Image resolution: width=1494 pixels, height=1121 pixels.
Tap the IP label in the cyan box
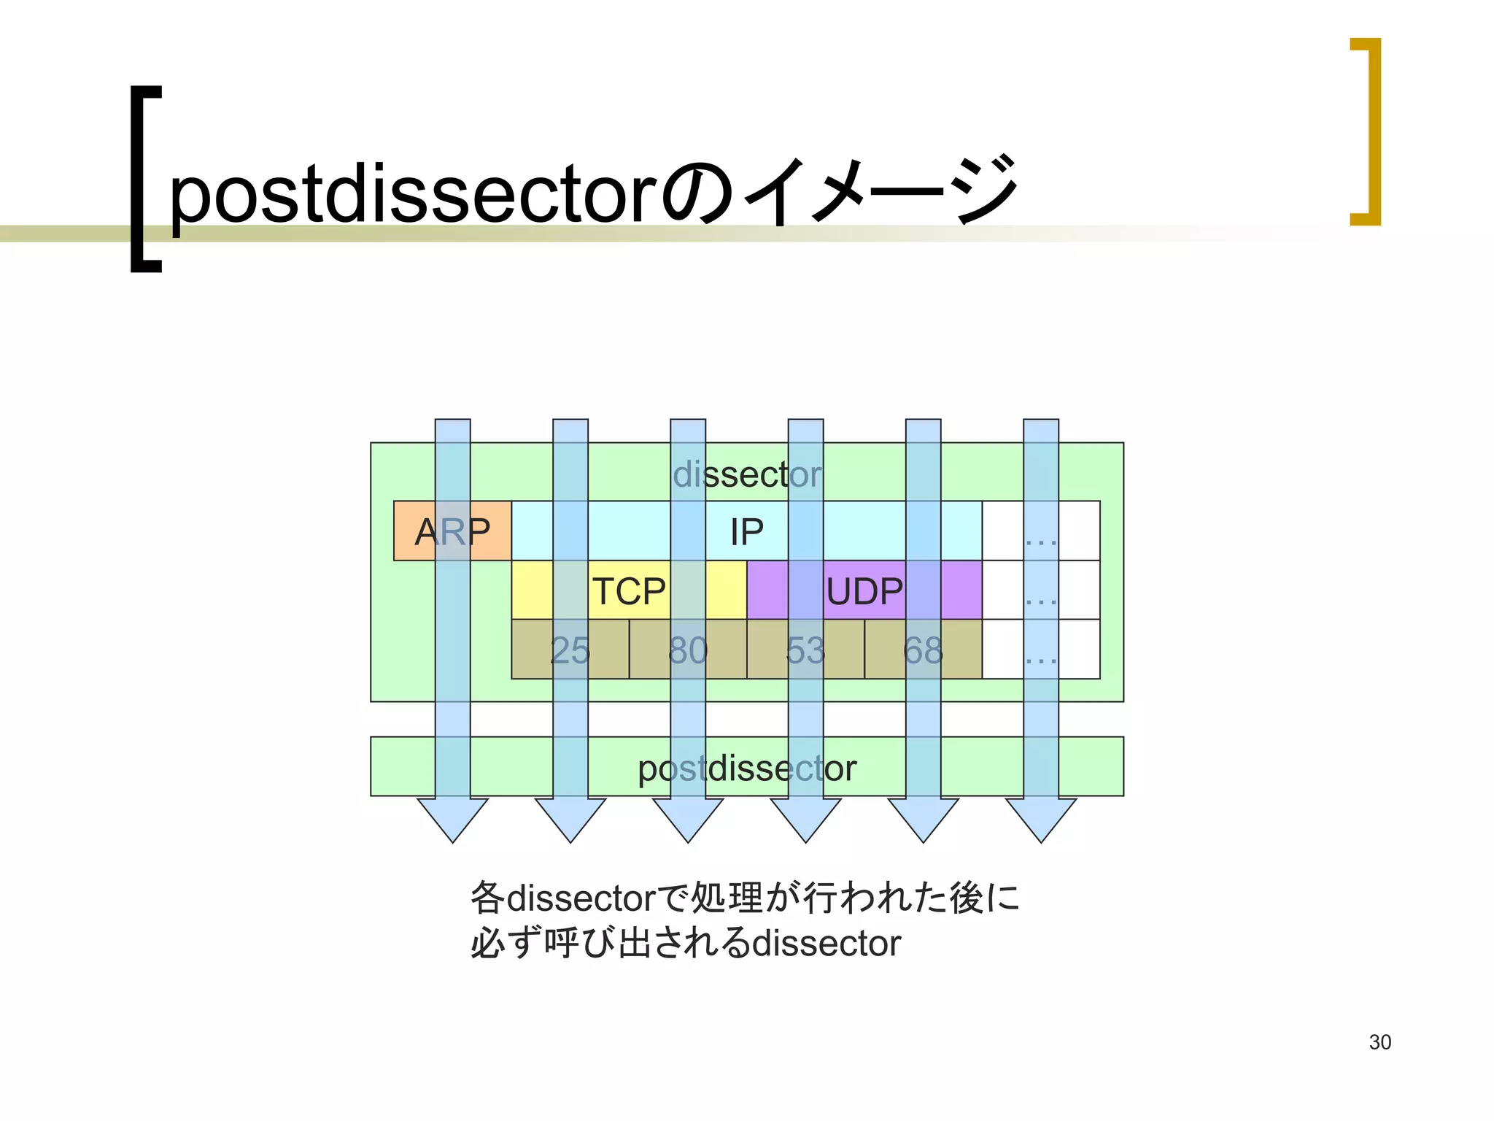746,532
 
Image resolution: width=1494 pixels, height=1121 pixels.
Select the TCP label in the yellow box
629,591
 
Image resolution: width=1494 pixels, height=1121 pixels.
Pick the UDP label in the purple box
864,591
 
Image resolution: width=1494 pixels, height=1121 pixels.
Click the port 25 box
570,650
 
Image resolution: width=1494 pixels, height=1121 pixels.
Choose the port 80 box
688,650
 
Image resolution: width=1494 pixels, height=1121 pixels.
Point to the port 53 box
805,650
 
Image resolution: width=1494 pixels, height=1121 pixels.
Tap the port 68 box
923,650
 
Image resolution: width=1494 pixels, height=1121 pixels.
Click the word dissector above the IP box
747,474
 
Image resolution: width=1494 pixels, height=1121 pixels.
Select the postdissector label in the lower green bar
747,768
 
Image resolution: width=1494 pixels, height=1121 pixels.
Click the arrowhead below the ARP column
452,819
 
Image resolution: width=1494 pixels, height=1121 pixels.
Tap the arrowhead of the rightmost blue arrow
1041,819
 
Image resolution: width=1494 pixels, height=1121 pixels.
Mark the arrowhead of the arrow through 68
923,819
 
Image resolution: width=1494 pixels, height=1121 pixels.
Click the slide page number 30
1379,1042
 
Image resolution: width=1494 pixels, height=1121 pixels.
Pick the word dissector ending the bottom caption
827,943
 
